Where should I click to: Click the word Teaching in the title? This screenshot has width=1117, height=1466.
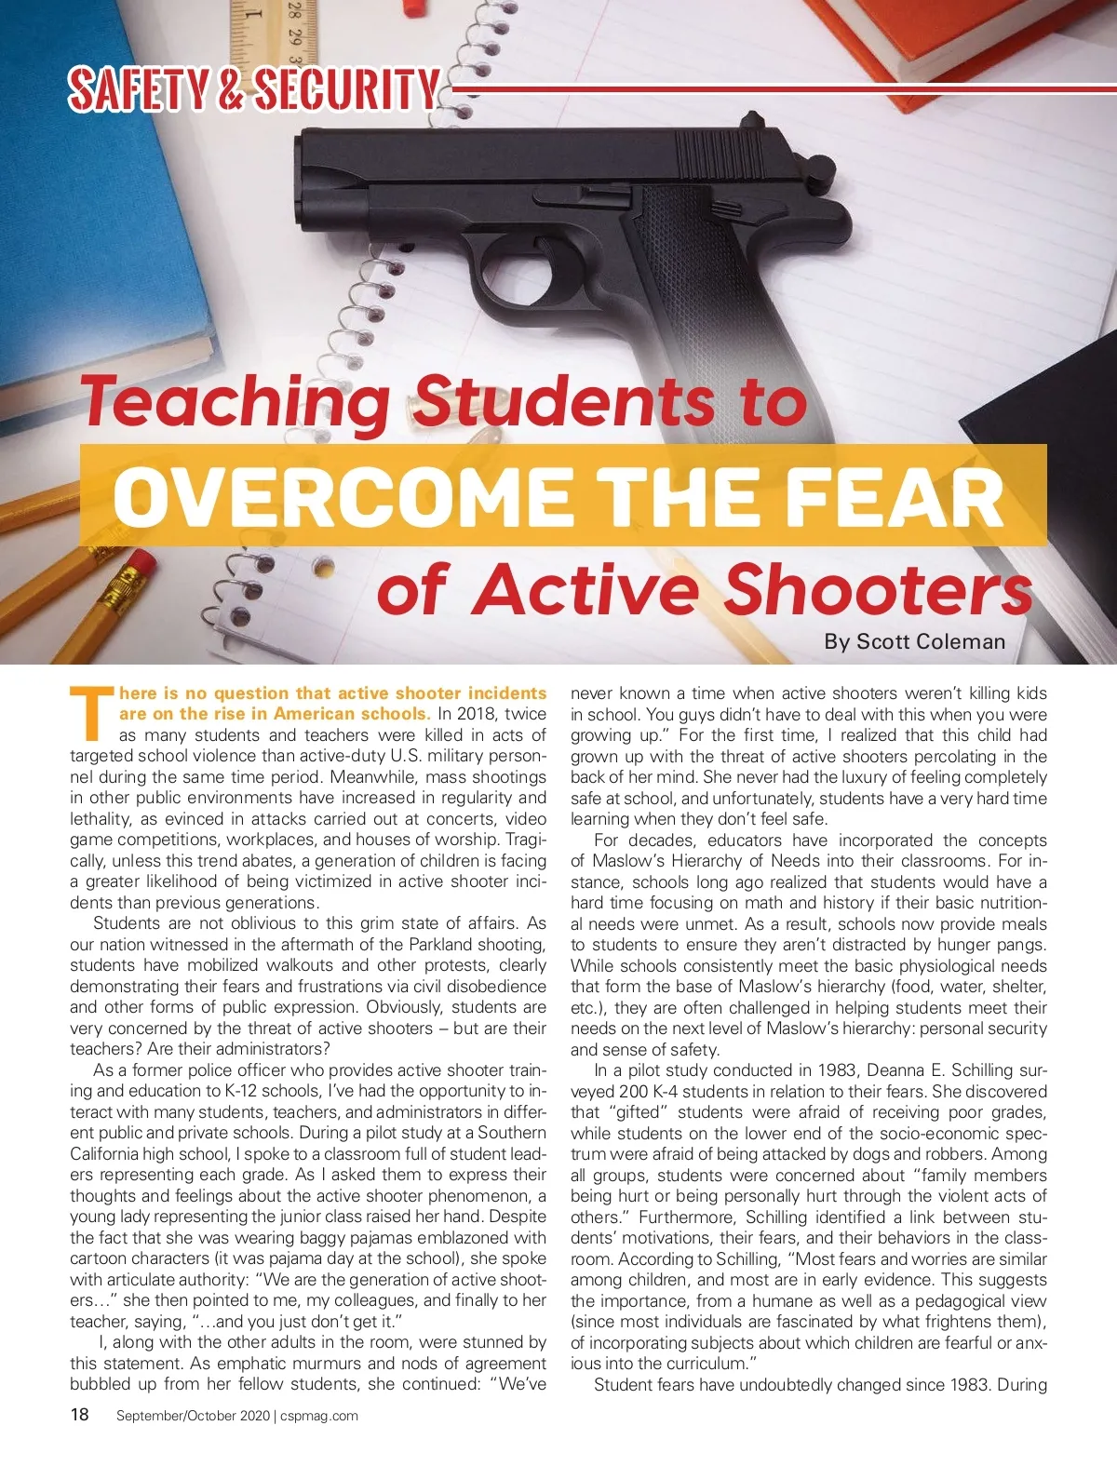click(x=236, y=401)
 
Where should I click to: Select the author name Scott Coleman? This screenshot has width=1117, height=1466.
click(x=931, y=641)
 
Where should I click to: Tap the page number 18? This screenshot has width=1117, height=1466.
click(x=80, y=1415)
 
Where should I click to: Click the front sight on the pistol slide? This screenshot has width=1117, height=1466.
click(x=749, y=118)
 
